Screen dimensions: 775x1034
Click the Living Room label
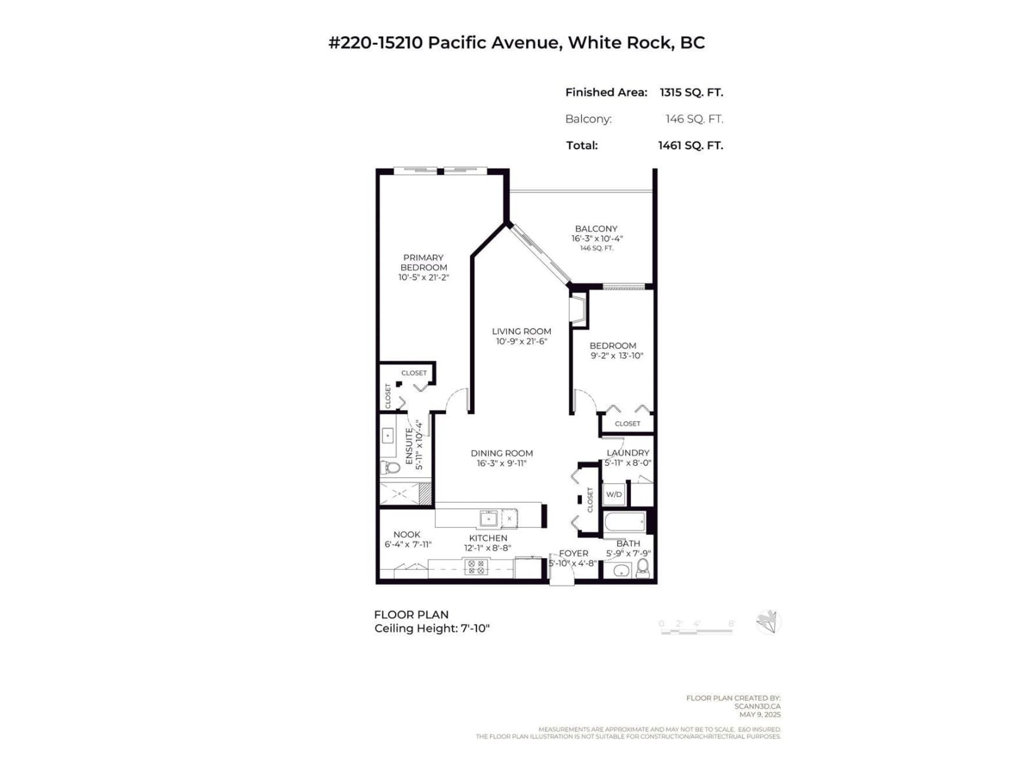coord(521,331)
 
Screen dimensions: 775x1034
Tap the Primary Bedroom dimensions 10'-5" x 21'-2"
coord(424,277)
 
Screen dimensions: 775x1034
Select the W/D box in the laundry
coord(614,494)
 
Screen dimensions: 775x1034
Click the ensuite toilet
coord(391,467)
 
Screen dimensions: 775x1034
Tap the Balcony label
coord(596,229)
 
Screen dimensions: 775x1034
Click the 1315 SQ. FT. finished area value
coord(691,93)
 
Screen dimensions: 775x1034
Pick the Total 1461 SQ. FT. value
coord(690,146)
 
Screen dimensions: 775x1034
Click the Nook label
coord(407,534)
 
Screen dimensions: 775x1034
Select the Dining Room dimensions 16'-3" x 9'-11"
coord(502,463)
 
